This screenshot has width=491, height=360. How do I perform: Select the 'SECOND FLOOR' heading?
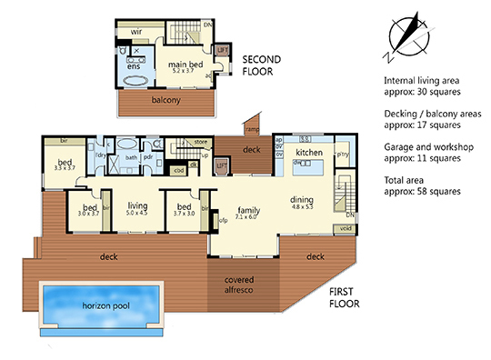coord(263,65)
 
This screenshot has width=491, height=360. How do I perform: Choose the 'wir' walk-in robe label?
coord(138,33)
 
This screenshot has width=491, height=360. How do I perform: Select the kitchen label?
coord(310,152)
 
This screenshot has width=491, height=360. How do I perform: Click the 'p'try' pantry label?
coord(344,155)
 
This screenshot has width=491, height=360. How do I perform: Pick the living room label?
coord(137,206)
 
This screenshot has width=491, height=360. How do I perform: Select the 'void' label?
coord(342,229)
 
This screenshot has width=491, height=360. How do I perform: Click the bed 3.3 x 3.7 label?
coord(65,164)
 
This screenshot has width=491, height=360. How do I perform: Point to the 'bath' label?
coord(131,157)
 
